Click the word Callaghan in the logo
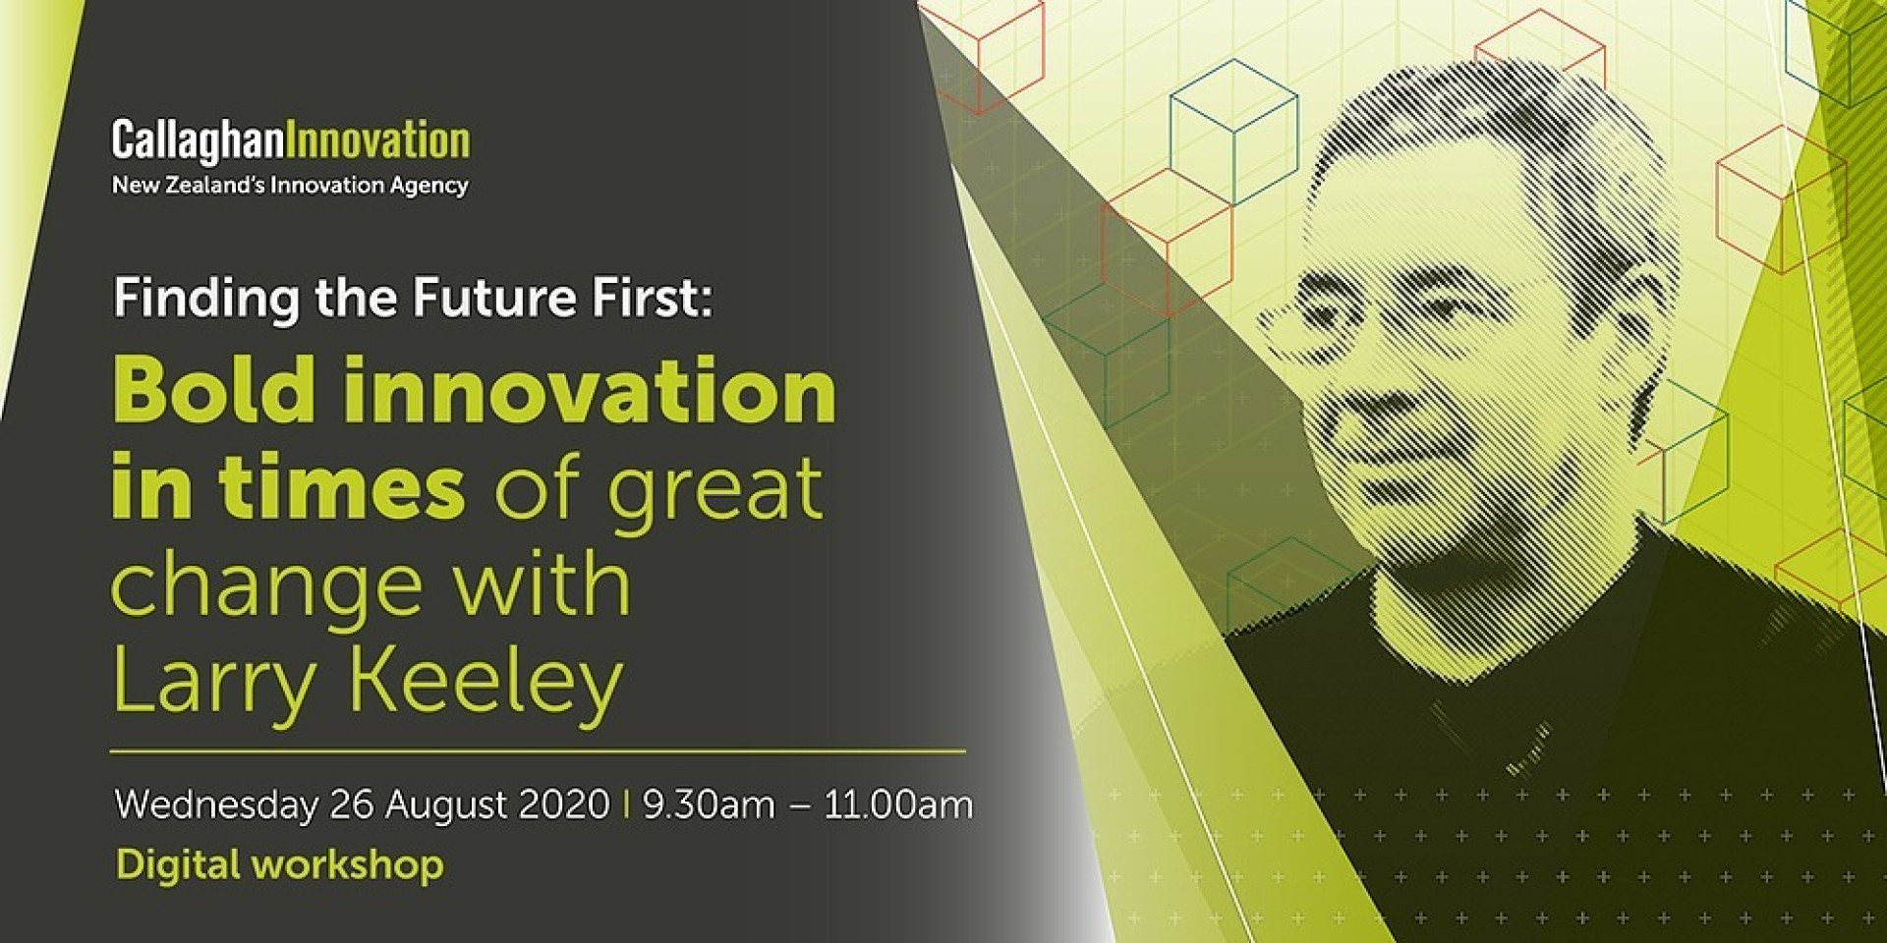[198, 141]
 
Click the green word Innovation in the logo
[377, 139]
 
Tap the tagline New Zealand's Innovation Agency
[290, 186]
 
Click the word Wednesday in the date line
[216, 804]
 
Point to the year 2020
[564, 804]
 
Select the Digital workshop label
[280, 864]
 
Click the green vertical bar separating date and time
[626, 804]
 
